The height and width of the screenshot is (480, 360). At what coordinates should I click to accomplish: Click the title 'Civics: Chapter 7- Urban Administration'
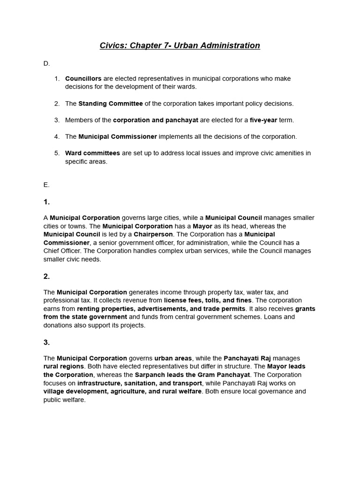180,45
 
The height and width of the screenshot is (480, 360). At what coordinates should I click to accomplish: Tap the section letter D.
47,63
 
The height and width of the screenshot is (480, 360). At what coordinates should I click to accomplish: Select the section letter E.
46,185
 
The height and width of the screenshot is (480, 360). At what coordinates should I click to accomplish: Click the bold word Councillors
83,79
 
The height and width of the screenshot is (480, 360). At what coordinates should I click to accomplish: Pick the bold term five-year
263,120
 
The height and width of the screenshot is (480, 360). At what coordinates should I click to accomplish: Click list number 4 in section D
57,136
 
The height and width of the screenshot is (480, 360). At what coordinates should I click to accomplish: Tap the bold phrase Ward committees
92,153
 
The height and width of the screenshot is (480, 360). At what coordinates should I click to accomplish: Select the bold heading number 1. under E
47,202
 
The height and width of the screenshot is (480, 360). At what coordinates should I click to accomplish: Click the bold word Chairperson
153,234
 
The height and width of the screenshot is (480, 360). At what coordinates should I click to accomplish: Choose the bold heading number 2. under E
47,276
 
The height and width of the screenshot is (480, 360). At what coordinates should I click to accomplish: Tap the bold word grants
305,308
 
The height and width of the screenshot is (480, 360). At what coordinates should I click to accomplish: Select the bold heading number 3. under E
47,342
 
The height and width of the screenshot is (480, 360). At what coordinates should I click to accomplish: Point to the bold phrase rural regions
64,367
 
